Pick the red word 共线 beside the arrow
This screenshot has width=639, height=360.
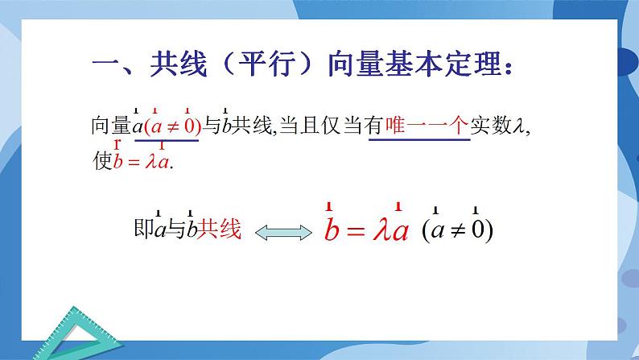coord(220,230)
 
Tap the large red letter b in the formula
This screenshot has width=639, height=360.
coord(331,232)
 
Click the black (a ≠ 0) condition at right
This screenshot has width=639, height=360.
coord(456,231)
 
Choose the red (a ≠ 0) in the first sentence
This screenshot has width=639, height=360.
coord(171,126)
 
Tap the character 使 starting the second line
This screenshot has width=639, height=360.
coord(102,161)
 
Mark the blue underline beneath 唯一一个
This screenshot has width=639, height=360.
coord(418,141)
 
